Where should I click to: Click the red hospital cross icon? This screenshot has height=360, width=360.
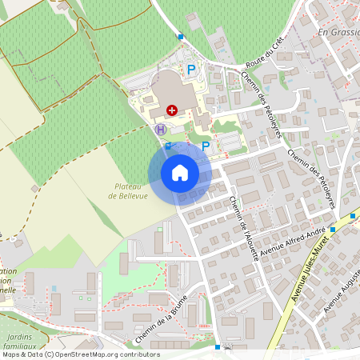(172, 110)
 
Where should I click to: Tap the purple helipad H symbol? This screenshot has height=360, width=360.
(160, 129)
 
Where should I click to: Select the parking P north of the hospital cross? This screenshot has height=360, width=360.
(191, 70)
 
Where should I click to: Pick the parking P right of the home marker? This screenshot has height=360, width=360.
(206, 146)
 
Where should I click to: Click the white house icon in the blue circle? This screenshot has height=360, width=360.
(179, 172)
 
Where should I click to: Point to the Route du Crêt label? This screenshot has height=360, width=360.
(266, 54)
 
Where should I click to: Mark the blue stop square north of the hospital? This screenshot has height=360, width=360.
(181, 36)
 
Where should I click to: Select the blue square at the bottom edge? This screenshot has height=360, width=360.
(218, 347)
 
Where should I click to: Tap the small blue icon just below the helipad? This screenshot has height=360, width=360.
(168, 145)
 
